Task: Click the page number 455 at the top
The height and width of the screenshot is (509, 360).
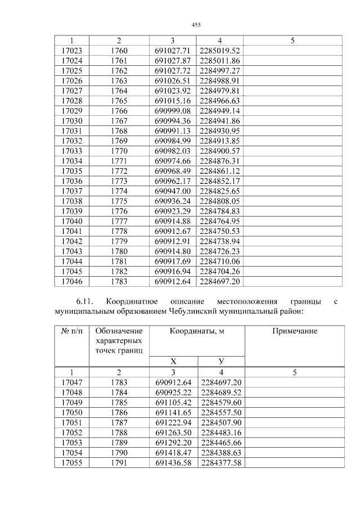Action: point(196,25)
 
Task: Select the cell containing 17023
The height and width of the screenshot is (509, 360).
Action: point(71,51)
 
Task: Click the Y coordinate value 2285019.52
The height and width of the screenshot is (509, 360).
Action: point(220,51)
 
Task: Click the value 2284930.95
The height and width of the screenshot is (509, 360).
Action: point(220,130)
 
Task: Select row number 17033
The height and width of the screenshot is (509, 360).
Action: point(71,150)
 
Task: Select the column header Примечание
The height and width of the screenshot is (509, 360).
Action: point(294,331)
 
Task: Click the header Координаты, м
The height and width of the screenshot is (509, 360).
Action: point(196,331)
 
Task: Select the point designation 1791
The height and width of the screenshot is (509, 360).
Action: point(119,462)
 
